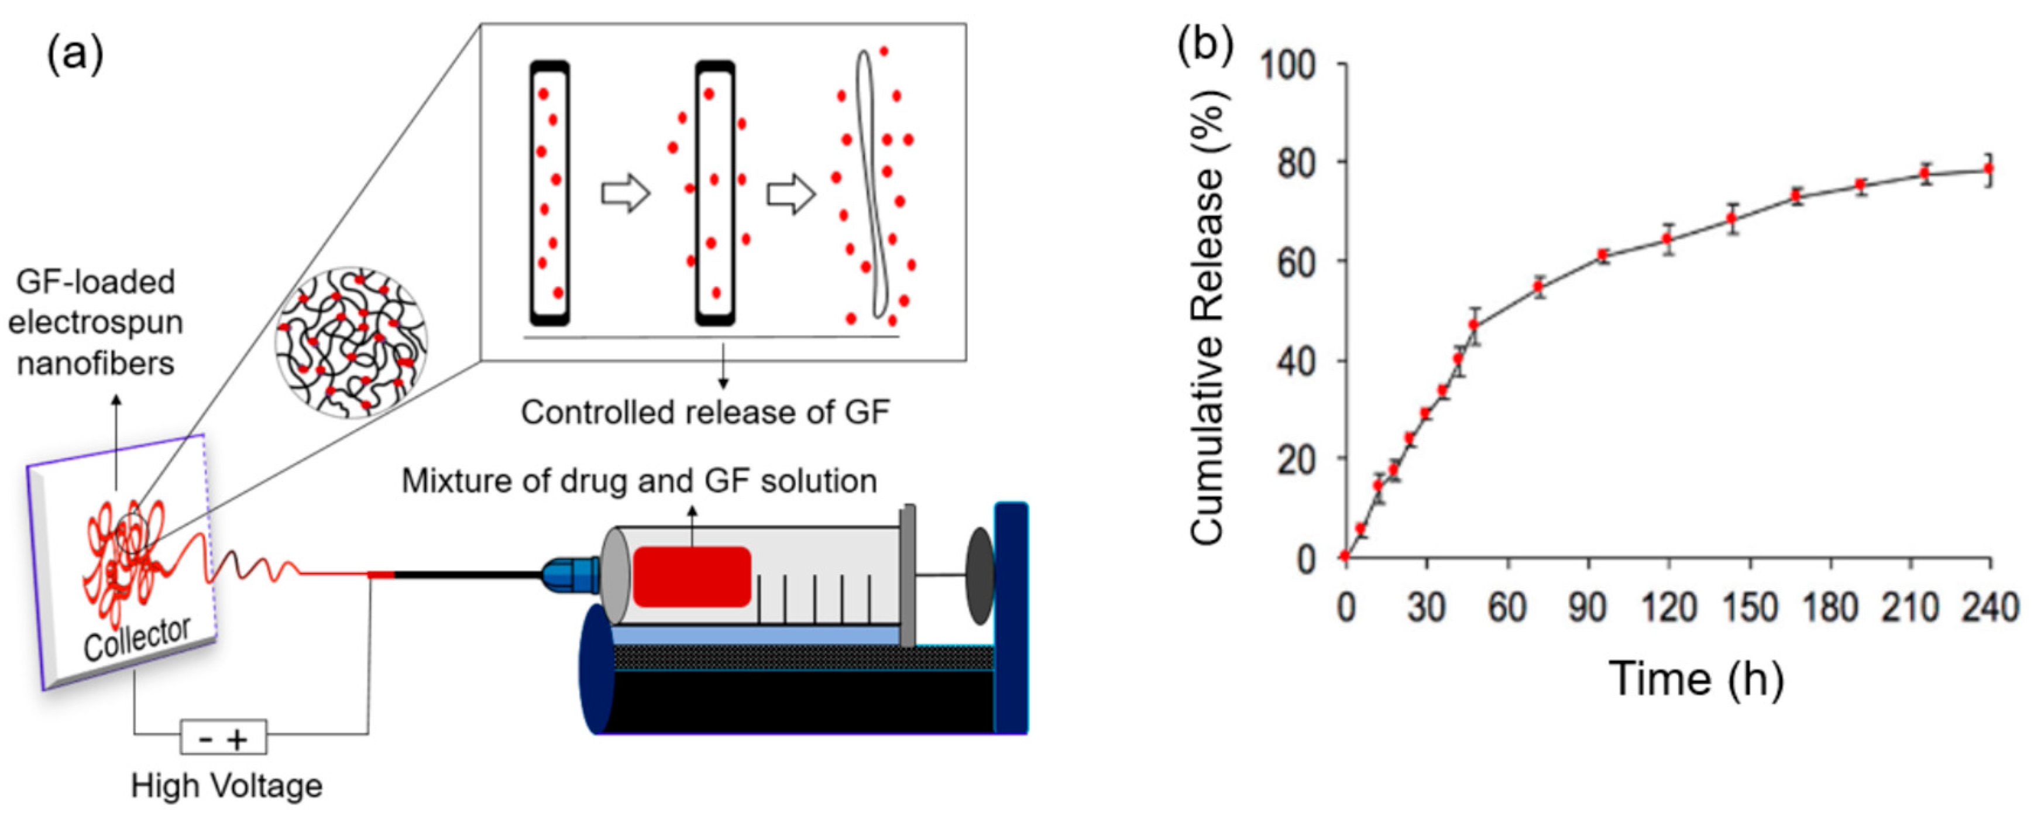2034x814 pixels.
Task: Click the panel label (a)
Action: (75, 56)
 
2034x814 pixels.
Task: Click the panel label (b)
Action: (1205, 46)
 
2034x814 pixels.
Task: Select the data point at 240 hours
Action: (1989, 168)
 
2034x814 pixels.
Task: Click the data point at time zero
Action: (1345, 556)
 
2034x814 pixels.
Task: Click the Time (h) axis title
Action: (1696, 679)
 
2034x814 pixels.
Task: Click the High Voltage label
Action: (226, 785)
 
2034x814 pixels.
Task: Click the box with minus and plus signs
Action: (224, 737)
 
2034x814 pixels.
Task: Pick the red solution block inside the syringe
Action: (691, 576)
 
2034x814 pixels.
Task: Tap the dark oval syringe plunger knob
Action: (980, 576)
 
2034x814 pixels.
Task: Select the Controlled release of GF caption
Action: (705, 412)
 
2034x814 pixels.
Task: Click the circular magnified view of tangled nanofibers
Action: (351, 341)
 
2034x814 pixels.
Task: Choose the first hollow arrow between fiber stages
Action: (626, 194)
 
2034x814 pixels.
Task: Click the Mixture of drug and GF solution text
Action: (639, 481)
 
